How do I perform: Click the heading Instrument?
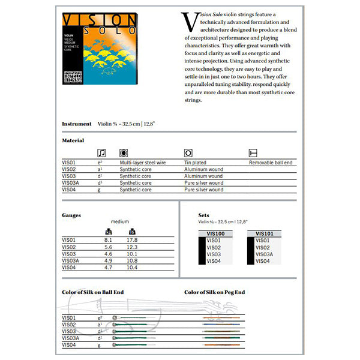click(76, 124)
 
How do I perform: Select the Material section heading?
click(73, 140)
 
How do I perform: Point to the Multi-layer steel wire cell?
click(143, 163)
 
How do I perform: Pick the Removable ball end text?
click(271, 163)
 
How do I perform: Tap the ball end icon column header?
click(253, 153)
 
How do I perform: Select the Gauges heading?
click(71, 214)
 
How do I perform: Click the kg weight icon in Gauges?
click(109, 232)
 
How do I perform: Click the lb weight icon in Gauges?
click(132, 232)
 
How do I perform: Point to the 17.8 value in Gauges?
click(132, 241)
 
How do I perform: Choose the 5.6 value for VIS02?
click(109, 247)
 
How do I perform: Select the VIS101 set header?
click(265, 234)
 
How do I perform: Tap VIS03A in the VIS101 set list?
click(265, 254)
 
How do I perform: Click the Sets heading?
click(204, 214)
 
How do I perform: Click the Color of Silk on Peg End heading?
click(215, 292)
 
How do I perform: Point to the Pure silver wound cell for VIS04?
click(203, 190)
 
